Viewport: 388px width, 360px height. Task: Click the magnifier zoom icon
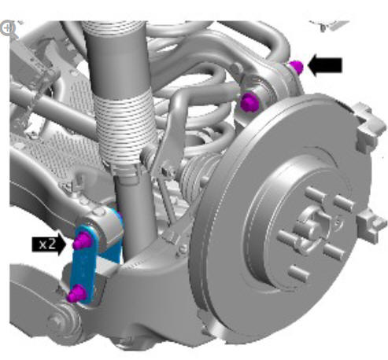coord(8,28)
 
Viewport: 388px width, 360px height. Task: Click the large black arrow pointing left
coord(325,65)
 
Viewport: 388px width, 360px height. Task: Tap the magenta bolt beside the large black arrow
coord(297,67)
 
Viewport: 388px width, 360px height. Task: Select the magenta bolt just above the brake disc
coord(249,102)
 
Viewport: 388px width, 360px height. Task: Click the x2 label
coord(49,244)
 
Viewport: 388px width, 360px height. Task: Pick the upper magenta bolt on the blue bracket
coord(82,241)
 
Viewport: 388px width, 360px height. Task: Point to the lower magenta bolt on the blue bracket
coord(76,294)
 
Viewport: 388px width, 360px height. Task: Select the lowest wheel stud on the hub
coord(299,274)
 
